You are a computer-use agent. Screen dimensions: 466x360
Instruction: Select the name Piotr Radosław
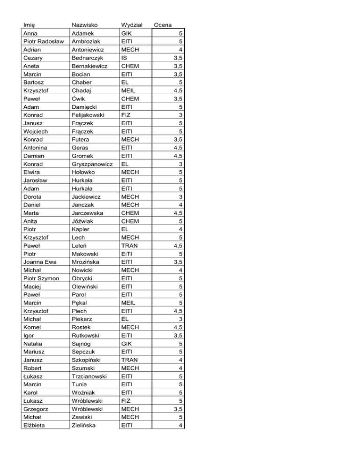pyautogui.click(x=44, y=41)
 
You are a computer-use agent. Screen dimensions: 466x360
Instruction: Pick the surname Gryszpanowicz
pyautogui.click(x=92, y=165)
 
